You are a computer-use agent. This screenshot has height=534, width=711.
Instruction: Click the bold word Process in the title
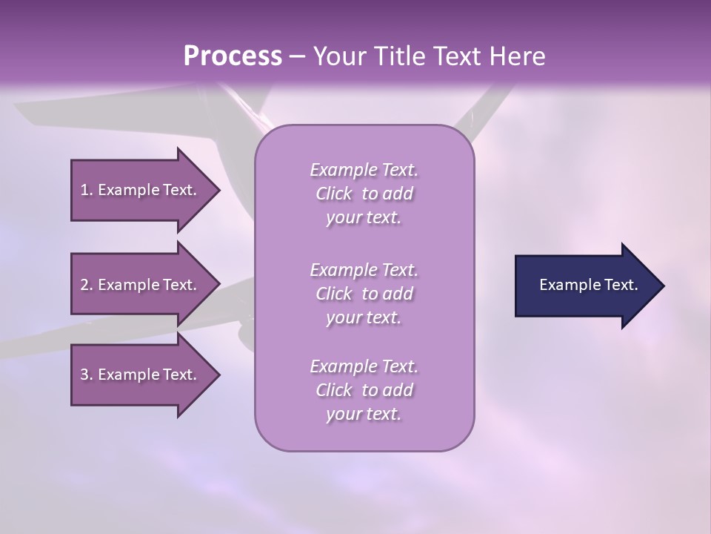pos(233,56)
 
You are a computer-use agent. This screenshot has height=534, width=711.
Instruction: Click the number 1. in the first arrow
pos(87,190)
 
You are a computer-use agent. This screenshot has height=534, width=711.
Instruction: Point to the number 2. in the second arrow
pos(87,285)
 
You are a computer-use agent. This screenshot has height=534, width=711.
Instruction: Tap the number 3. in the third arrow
pos(87,375)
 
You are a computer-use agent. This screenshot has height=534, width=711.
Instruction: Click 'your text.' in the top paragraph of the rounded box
pos(364,218)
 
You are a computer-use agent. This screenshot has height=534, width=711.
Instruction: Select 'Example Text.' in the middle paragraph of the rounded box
pos(364,269)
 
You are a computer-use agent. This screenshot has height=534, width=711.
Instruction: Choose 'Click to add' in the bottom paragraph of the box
pos(364,390)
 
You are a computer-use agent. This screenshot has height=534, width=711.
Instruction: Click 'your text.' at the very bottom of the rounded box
pos(364,415)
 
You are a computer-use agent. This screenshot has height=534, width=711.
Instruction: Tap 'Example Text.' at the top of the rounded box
pos(364,170)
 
